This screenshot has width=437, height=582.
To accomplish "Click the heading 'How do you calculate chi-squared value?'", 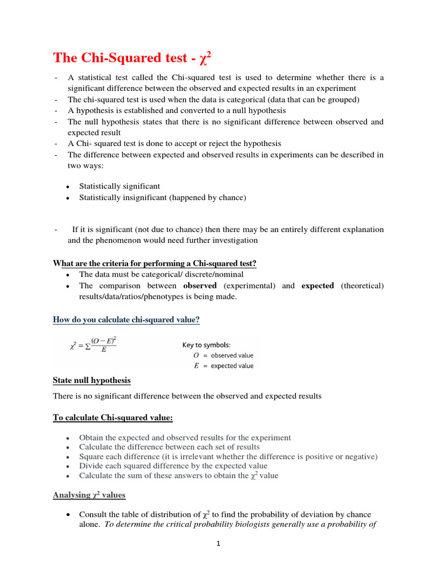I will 126,320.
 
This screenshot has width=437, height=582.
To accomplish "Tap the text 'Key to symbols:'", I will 206,345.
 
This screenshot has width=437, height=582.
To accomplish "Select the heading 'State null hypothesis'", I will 92,380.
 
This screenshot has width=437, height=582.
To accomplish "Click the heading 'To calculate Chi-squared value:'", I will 113,418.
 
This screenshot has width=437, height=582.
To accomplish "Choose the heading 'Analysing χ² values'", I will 89,495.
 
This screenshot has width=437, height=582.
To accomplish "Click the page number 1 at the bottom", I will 218,543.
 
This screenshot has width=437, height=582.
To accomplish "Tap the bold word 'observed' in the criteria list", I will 200,286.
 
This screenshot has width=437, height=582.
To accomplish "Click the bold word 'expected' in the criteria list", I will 318,286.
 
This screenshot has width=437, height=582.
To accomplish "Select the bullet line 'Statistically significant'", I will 119,186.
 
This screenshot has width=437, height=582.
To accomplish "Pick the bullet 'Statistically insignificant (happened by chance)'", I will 163,197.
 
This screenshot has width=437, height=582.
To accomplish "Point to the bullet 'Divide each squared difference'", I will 165,466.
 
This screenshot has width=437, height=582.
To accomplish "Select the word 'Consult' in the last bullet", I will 93,515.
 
